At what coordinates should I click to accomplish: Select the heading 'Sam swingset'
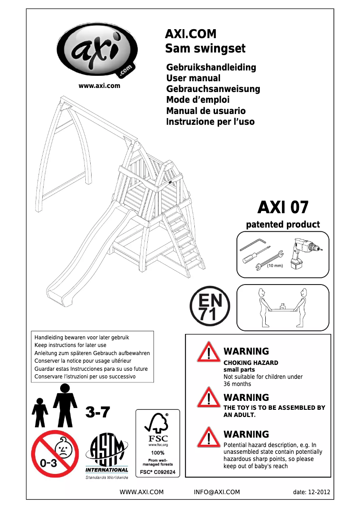click(x=205, y=48)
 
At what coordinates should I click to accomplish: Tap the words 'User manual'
click(x=193, y=78)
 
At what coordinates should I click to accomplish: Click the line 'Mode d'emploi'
click(x=198, y=100)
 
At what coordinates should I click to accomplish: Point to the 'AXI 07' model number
click(x=283, y=207)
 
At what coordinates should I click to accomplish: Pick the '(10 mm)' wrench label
click(x=275, y=266)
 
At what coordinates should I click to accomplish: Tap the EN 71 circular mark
click(x=210, y=307)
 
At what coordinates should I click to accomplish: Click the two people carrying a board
click(x=282, y=307)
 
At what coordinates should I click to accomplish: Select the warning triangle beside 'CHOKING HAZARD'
click(x=208, y=352)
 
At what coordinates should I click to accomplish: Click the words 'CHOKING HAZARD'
click(x=250, y=363)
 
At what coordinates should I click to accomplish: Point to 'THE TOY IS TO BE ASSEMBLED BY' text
click(x=274, y=408)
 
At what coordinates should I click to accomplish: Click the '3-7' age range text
click(x=97, y=412)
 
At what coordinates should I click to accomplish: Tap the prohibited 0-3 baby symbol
click(x=55, y=453)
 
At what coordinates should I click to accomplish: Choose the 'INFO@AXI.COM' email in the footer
click(x=217, y=492)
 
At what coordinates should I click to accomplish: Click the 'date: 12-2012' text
click(x=311, y=492)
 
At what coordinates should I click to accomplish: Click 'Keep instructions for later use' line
click(x=70, y=345)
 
